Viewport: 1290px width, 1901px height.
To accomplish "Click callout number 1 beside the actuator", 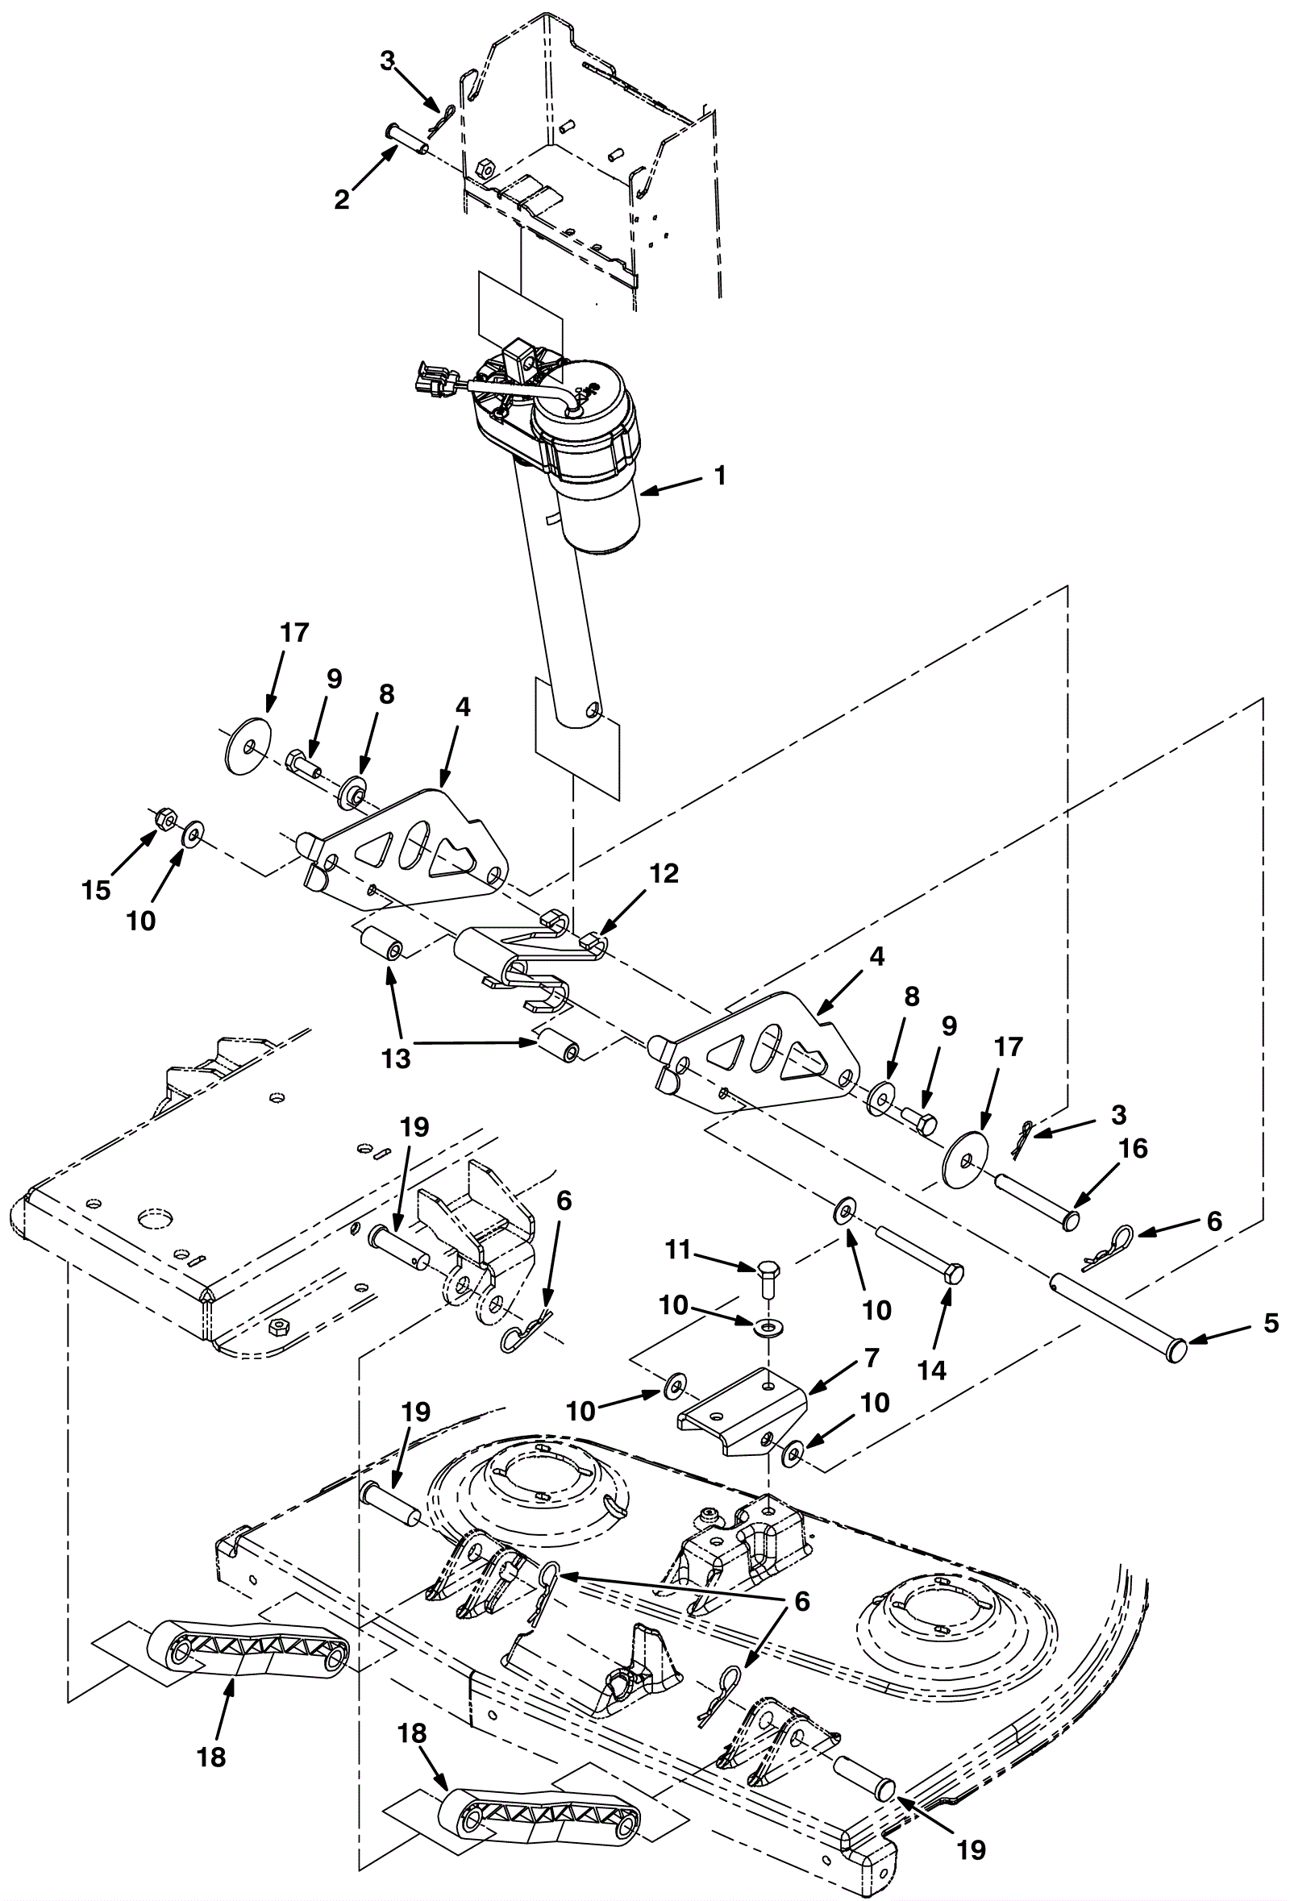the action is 720,476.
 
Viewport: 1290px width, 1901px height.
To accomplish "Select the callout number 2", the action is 342,199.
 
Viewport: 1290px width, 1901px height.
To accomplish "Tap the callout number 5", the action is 1271,1323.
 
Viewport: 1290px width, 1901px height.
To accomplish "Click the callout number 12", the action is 665,874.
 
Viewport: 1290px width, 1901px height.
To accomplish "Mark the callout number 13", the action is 397,1059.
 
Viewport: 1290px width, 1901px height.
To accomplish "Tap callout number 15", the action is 96,890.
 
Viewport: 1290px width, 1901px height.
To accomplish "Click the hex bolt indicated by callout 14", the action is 920,1252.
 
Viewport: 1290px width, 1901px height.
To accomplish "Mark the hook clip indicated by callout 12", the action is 531,952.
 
